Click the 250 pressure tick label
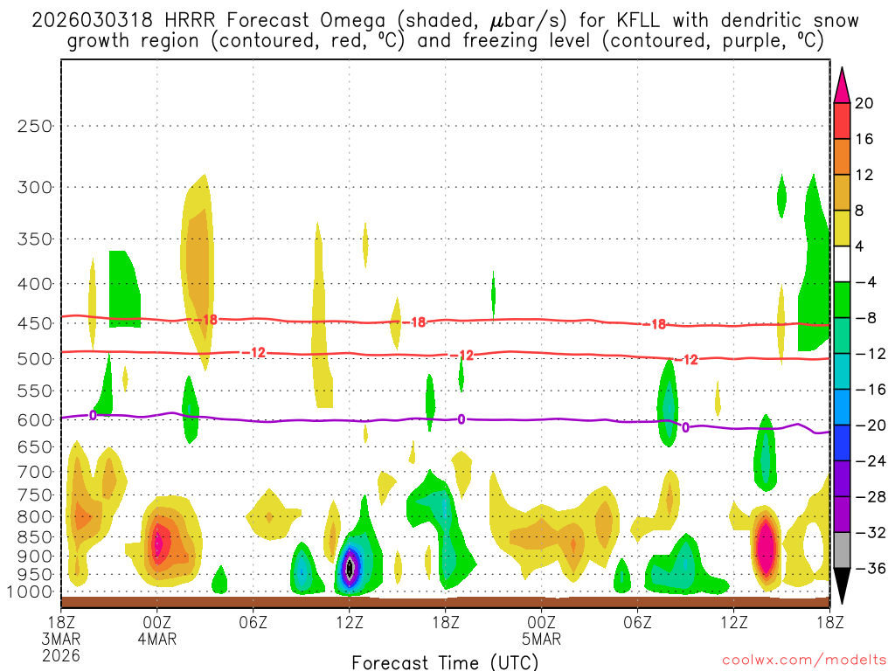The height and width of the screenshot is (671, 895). click(35, 126)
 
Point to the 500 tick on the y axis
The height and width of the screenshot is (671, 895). click(35, 358)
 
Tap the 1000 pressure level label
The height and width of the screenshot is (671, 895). click(31, 591)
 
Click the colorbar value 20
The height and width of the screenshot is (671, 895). click(864, 103)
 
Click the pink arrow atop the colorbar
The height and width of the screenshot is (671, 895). click(842, 84)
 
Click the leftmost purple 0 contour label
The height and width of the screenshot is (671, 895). click(93, 415)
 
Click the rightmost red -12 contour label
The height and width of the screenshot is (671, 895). click(690, 360)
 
